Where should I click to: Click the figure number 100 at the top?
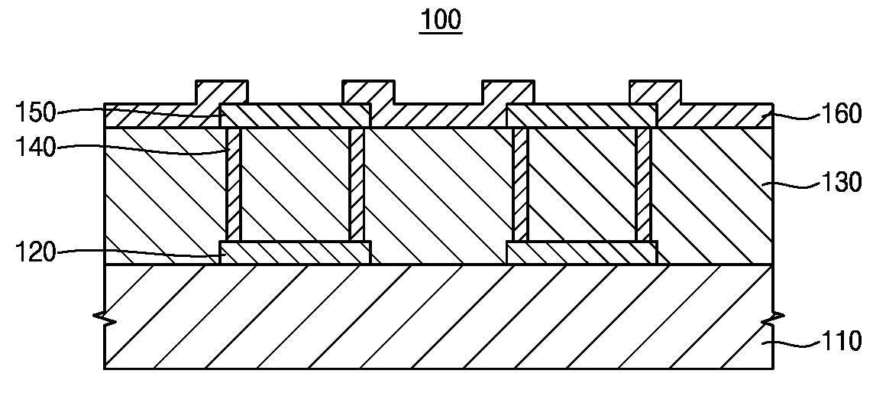(441, 20)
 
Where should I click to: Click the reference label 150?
(37, 113)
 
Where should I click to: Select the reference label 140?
(37, 147)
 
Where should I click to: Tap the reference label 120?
(37, 252)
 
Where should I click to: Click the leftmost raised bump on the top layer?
(221, 91)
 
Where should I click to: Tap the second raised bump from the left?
(367, 91)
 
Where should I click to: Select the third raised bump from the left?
(507, 91)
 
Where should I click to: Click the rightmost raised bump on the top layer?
(655, 91)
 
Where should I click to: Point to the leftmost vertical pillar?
(234, 184)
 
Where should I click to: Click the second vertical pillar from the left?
(357, 184)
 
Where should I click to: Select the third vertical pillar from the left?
(520, 184)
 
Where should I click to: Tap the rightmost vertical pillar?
(643, 184)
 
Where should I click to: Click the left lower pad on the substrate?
(296, 253)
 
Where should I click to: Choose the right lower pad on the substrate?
(581, 253)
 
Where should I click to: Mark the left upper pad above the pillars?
(296, 115)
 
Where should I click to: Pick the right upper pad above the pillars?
(581, 115)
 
